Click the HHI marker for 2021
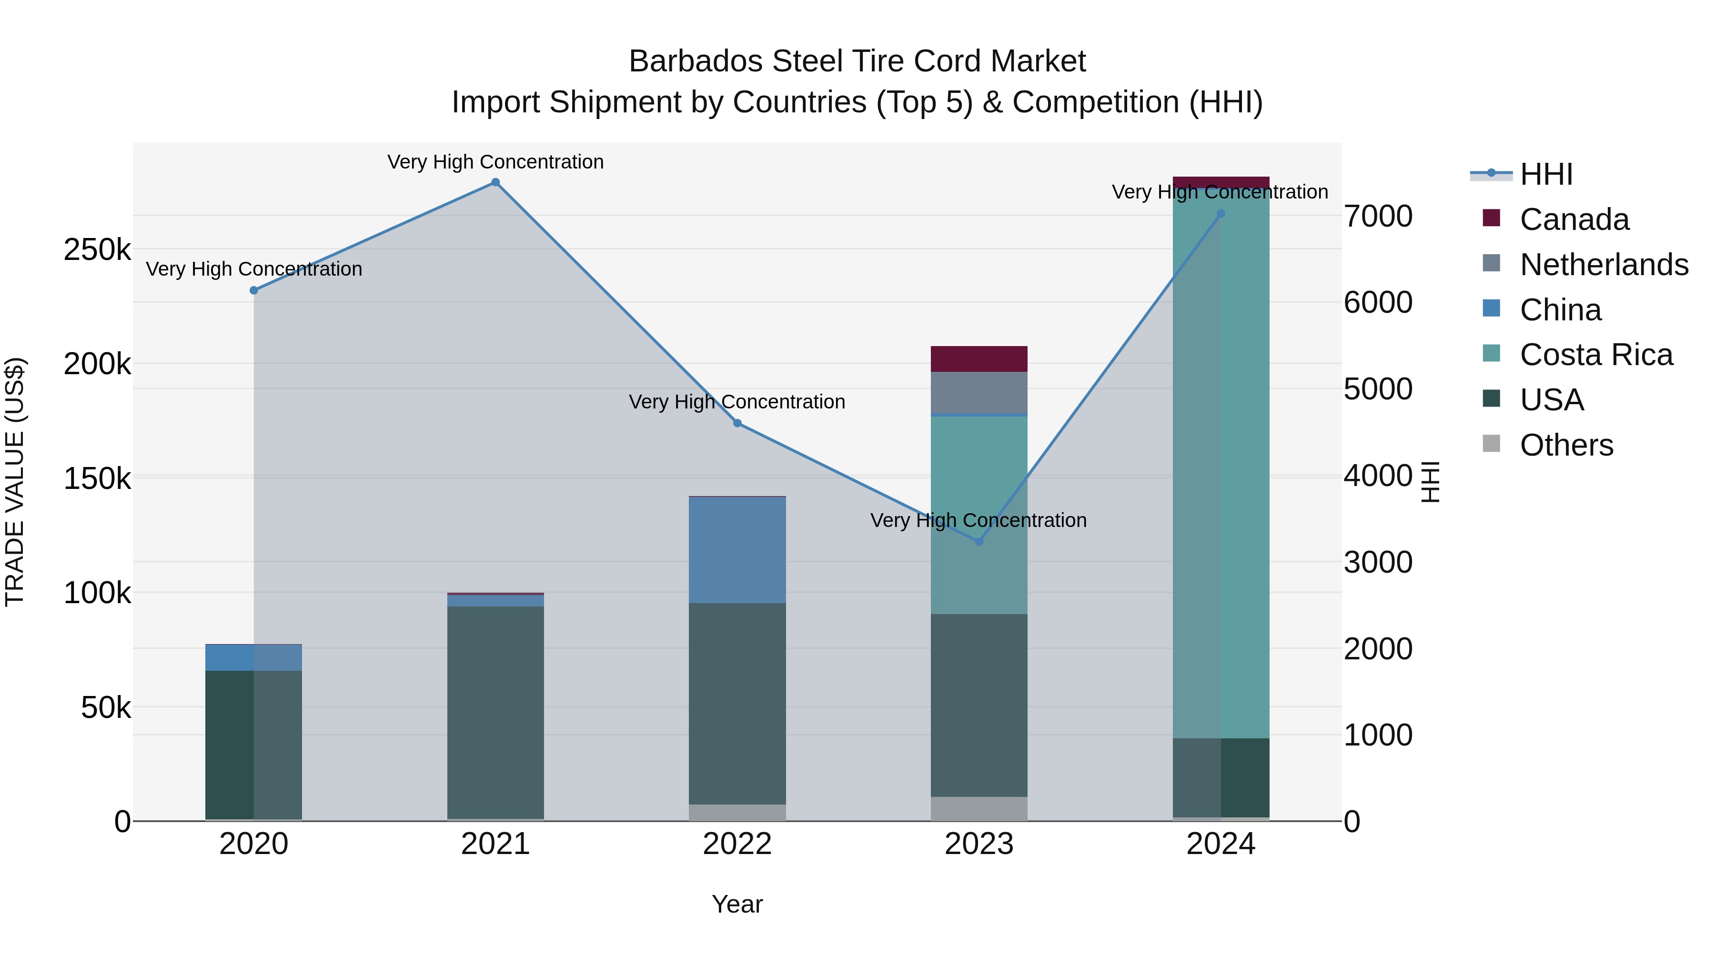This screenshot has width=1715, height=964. [x=495, y=182]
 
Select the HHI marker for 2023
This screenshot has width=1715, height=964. [x=979, y=542]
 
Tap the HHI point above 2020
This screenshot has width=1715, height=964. [x=253, y=290]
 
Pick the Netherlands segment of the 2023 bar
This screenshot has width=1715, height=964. [x=979, y=393]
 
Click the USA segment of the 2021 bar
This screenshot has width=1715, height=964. [x=495, y=712]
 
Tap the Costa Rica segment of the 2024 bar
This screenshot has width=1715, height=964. [x=1221, y=466]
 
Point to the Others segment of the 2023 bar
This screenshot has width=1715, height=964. [x=979, y=808]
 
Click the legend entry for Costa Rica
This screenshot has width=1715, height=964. [x=1596, y=355]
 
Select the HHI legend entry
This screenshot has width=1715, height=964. [x=1546, y=174]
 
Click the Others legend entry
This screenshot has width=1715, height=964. [x=1566, y=445]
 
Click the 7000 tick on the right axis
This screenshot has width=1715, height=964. [x=1377, y=216]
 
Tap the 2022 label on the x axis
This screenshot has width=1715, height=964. [x=737, y=844]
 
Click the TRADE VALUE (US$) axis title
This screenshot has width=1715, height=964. [x=15, y=482]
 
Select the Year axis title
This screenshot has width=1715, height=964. [x=737, y=904]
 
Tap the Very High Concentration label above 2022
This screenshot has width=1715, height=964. [x=737, y=402]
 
